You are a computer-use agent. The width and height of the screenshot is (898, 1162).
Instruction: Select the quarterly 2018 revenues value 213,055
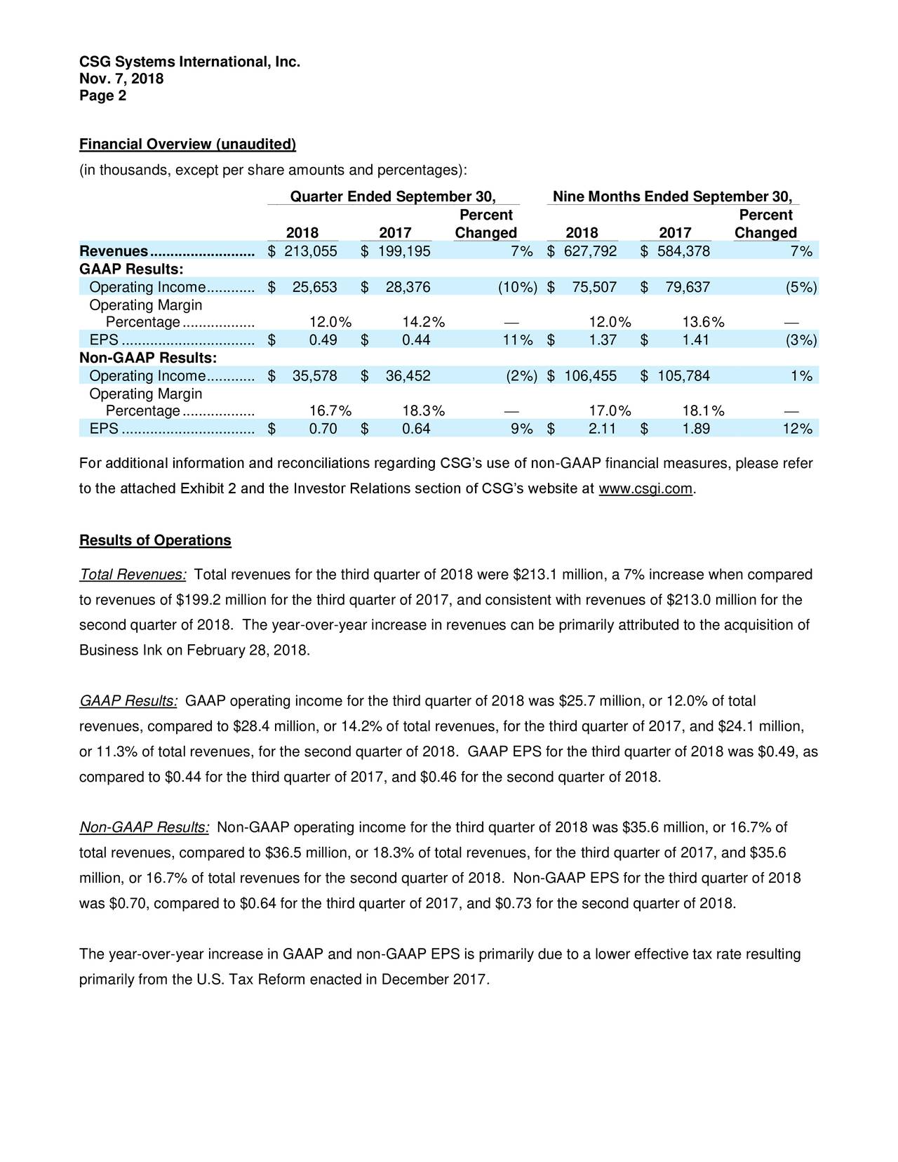click(x=310, y=252)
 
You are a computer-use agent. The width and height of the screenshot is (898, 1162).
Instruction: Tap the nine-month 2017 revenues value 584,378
click(x=683, y=252)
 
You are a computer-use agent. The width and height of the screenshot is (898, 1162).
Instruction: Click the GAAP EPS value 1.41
click(x=695, y=340)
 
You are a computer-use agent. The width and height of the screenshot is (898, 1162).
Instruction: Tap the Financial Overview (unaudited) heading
click(x=187, y=145)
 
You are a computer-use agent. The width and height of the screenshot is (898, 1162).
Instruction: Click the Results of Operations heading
click(x=155, y=540)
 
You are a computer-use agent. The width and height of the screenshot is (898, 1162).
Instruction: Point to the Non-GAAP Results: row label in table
click(x=148, y=358)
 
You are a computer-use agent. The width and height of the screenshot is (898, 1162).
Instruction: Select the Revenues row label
click(x=114, y=252)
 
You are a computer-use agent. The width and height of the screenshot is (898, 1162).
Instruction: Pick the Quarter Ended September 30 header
click(x=393, y=196)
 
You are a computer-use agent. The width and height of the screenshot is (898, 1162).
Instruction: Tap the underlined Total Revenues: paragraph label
click(x=133, y=575)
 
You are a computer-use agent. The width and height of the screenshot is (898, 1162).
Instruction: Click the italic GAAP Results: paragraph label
click(x=129, y=702)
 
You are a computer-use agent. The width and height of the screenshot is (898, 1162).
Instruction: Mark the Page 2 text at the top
click(x=103, y=96)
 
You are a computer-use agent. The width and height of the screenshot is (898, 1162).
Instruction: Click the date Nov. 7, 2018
click(x=121, y=79)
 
